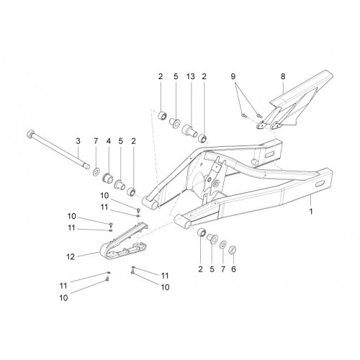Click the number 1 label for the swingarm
311,212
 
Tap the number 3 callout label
78,141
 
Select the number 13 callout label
191,76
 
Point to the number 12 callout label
71,257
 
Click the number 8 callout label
283,76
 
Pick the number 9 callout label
233,76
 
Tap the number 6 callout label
233,269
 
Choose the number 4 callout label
109,141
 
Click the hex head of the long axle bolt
30,133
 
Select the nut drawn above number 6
233,250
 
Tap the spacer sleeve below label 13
190,130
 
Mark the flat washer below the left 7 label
96,172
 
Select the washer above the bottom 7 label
222,245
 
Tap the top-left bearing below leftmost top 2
162,115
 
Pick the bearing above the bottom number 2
202,233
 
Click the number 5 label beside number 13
176,76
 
